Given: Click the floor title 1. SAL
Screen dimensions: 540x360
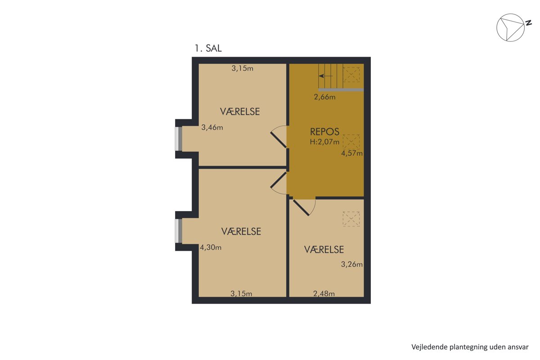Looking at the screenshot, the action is point(208,49).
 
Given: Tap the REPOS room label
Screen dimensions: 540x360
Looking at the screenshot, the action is point(324,132).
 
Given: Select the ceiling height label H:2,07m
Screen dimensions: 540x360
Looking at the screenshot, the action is point(324,142).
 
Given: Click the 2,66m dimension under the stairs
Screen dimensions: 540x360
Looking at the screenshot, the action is point(324,97).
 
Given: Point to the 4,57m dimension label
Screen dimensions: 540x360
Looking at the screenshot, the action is point(352,153).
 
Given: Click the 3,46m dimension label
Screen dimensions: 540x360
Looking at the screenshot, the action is point(212,127).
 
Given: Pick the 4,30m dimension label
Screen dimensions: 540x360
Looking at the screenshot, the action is point(211,247).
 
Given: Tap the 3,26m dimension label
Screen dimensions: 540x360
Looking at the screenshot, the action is point(352,265).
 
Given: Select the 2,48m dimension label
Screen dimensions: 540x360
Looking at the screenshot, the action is point(324,293).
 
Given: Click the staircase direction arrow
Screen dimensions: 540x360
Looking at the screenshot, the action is point(325,76).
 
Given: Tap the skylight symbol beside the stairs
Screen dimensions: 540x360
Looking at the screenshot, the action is point(351,75).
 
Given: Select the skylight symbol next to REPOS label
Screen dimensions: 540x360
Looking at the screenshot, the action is point(351,141).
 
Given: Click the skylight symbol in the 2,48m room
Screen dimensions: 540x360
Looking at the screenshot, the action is point(351,219).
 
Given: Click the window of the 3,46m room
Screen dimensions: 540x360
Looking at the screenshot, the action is point(178,139).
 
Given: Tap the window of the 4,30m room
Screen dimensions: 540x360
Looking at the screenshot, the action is point(178,231).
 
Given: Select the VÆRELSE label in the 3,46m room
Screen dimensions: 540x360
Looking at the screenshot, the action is point(240,112).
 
